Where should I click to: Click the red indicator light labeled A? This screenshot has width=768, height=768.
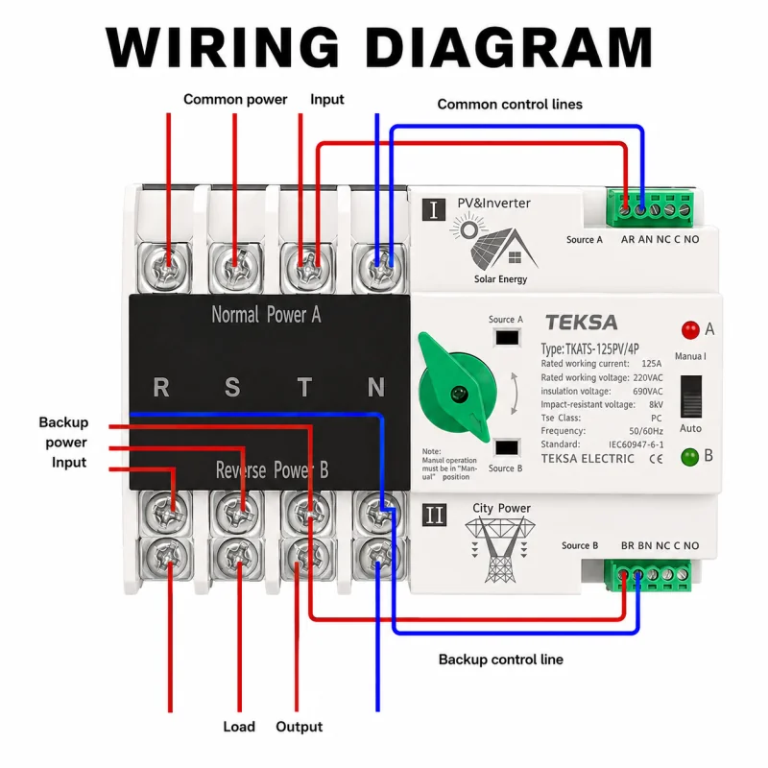coord(690,330)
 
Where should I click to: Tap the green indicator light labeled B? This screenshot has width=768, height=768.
coord(689,457)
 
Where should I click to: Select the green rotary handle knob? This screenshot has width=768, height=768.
coord(455,389)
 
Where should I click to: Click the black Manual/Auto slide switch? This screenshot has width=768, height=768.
coord(690,396)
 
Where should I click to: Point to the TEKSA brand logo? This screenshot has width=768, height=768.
coord(582,323)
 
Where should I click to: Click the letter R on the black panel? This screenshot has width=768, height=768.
coord(161,387)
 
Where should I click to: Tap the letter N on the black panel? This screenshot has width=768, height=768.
coord(376,387)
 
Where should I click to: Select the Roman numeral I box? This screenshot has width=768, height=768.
coord(434,209)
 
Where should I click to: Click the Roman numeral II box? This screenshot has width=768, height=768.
coord(434,515)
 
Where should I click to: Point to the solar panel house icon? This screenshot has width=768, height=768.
coord(494,243)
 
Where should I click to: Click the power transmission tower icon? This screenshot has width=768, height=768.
coord(500,549)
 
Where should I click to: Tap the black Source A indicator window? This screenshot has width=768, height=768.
coord(507,338)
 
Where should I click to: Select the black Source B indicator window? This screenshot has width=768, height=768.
coord(507,447)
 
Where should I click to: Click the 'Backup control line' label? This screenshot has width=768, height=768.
coord(500,660)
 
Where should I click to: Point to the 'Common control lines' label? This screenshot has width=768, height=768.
coord(510,104)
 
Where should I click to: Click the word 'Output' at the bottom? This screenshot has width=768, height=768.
coord(299,727)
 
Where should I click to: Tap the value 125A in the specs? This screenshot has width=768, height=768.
coord(652,364)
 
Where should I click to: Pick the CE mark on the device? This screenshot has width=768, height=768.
coord(656,459)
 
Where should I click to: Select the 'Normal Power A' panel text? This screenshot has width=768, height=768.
coord(266,315)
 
